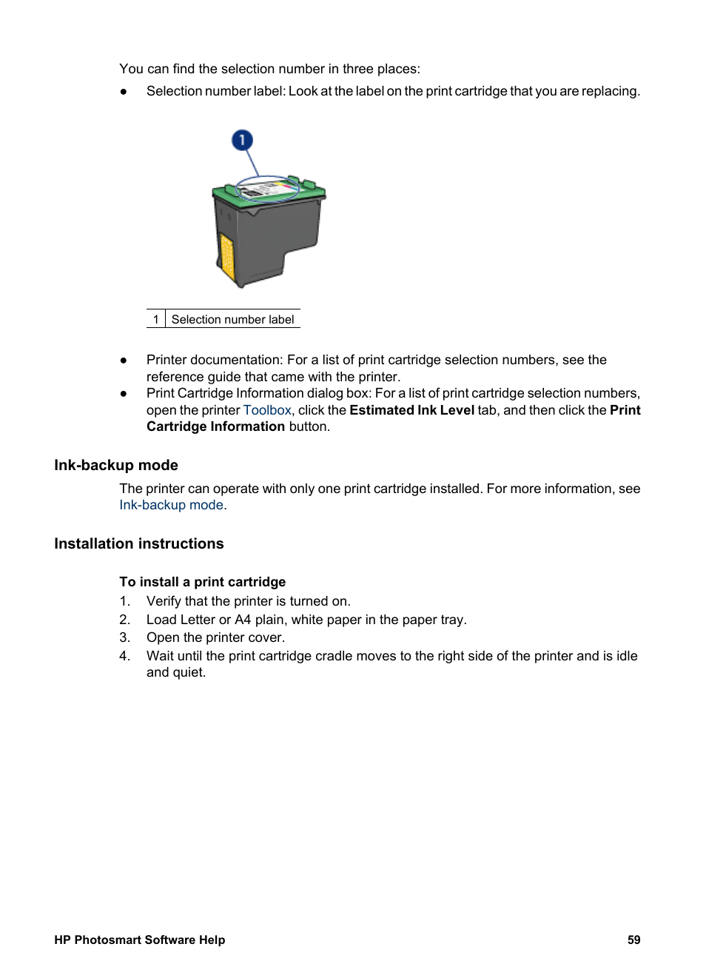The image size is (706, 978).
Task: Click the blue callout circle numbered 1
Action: pyautogui.click(x=242, y=140)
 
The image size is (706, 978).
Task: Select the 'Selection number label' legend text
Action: pyautogui.click(x=232, y=319)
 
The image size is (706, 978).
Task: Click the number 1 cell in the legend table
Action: pyautogui.click(x=155, y=319)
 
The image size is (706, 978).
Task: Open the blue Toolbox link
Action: pyautogui.click(x=267, y=410)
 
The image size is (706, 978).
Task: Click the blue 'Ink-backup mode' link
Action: pyautogui.click(x=171, y=505)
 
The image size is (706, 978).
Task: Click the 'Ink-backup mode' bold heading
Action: pyautogui.click(x=116, y=465)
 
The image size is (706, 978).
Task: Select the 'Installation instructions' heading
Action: pyautogui.click(x=139, y=543)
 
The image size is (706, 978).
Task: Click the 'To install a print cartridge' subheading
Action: pyautogui.click(x=202, y=582)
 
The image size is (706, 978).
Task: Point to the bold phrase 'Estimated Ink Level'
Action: pyautogui.click(x=411, y=410)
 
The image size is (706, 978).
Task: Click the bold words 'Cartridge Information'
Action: pyautogui.click(x=215, y=426)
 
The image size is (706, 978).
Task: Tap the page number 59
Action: pyautogui.click(x=633, y=940)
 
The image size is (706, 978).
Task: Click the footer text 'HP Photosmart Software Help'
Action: pyautogui.click(x=139, y=940)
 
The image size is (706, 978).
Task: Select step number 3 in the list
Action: pyautogui.click(x=124, y=637)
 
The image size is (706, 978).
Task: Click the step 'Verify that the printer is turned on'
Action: pyautogui.click(x=248, y=601)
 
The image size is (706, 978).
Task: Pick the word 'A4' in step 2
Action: pyautogui.click(x=243, y=620)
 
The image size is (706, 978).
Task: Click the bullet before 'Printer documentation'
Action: pyautogui.click(x=124, y=360)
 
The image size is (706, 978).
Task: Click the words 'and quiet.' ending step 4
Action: pyautogui.click(x=176, y=672)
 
